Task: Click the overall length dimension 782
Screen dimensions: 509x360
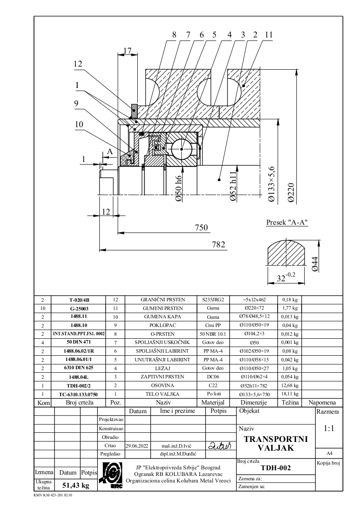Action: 218,244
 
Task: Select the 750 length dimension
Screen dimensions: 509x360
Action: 201,227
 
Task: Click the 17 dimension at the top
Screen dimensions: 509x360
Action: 127,51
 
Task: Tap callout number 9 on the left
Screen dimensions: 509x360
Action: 77,103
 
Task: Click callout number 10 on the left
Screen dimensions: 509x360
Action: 79,124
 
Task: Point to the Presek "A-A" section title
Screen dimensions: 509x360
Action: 287,222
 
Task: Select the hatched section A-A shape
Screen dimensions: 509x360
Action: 285,253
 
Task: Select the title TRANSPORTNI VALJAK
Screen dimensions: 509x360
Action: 275,443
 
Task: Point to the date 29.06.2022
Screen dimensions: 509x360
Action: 137,446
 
